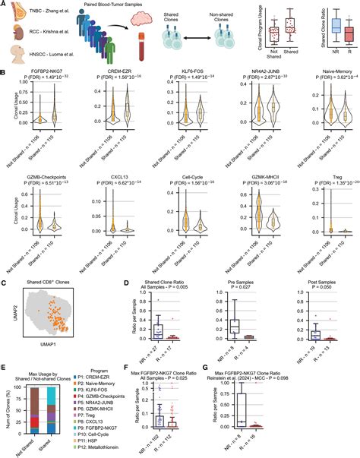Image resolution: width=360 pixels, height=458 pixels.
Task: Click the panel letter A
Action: tap(4, 5)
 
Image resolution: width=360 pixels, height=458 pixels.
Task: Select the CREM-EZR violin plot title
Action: tap(119, 77)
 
